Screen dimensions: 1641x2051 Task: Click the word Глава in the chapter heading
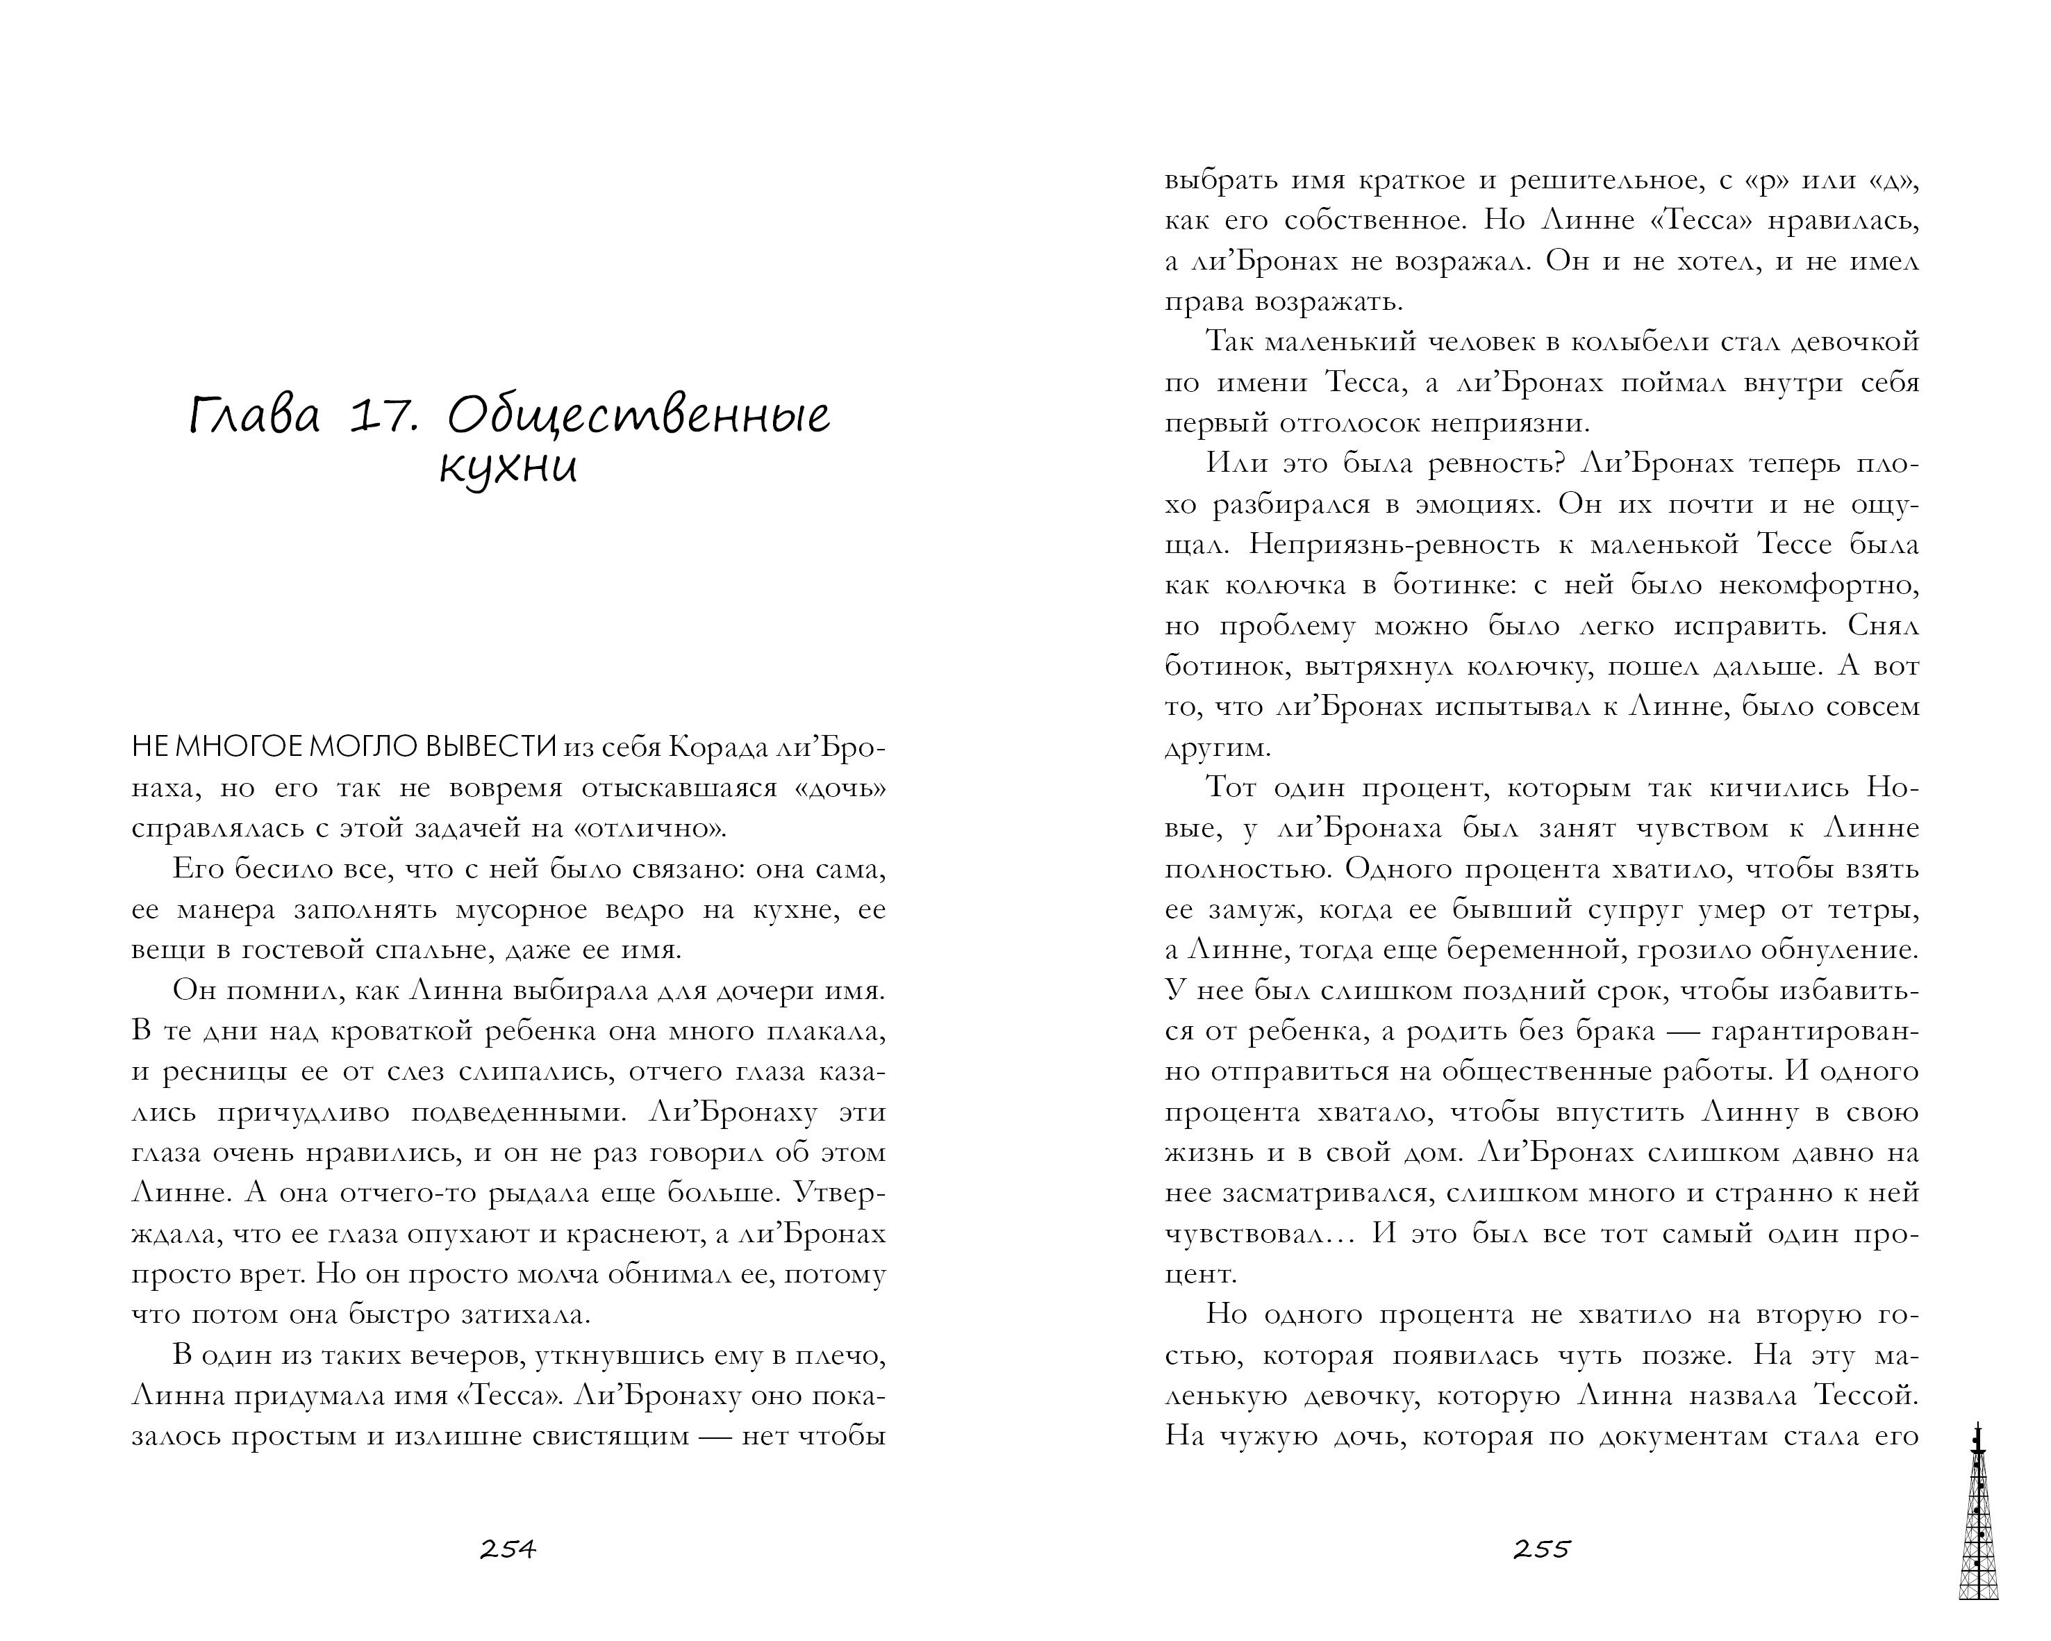254,417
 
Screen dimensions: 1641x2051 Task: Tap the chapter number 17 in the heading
384,417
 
